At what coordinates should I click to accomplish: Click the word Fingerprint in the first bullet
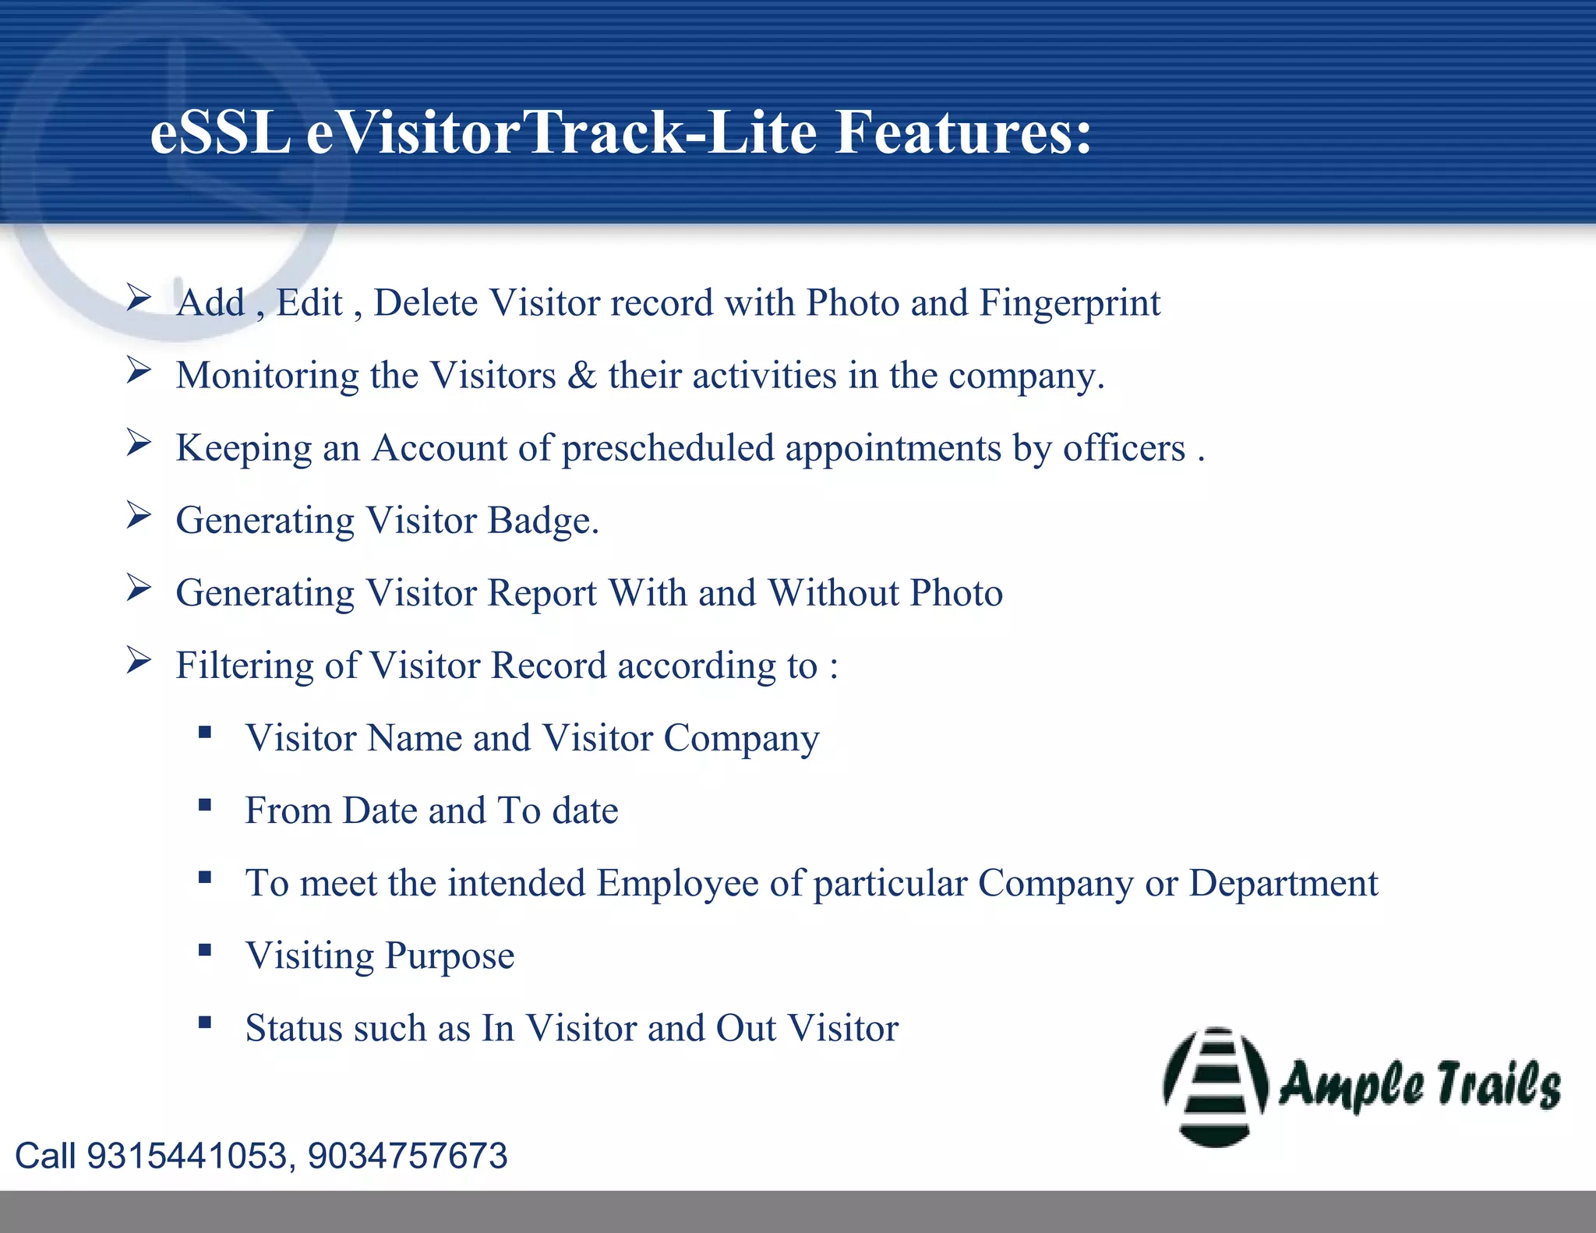click(x=1069, y=303)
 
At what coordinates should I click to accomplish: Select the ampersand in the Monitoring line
click(x=582, y=375)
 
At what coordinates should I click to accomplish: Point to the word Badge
click(x=542, y=521)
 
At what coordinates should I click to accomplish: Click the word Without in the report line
click(x=834, y=592)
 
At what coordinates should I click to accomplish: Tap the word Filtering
click(x=244, y=666)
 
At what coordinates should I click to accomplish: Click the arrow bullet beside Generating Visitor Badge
click(x=139, y=515)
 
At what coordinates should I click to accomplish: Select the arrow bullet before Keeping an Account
click(x=139, y=443)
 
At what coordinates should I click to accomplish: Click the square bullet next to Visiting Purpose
click(x=205, y=950)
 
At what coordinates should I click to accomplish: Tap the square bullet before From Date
click(x=205, y=805)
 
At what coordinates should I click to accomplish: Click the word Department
click(x=1283, y=884)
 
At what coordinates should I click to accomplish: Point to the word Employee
click(x=677, y=884)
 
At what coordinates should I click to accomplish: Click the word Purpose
click(x=450, y=956)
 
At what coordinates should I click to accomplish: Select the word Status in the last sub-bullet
click(x=295, y=1028)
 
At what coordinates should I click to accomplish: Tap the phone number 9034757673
click(x=408, y=1156)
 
